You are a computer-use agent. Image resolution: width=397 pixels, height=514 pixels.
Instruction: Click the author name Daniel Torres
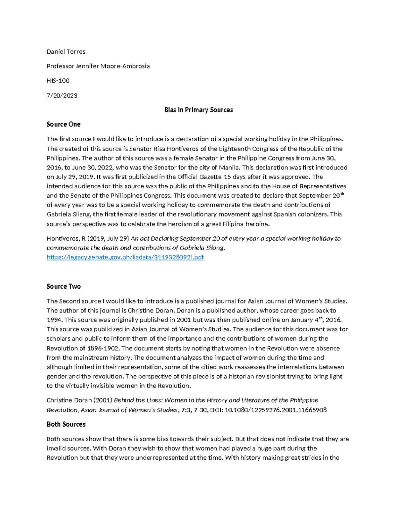point(66,52)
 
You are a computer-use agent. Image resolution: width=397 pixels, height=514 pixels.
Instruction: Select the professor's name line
point(98,66)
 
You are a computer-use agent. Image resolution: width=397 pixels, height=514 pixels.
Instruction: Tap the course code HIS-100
point(58,81)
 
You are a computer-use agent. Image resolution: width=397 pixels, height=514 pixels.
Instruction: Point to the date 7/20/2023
point(62,96)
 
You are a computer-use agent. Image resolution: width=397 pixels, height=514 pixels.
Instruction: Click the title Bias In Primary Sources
point(198,110)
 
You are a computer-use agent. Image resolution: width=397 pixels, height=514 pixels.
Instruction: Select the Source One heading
point(64,124)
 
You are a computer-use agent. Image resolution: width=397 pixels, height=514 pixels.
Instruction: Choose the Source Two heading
point(64,287)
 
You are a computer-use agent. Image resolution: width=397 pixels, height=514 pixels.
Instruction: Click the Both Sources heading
point(66,424)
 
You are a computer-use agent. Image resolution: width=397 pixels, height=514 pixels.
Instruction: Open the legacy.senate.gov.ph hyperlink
point(125,257)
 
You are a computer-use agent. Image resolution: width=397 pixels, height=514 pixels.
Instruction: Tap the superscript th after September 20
point(342,194)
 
